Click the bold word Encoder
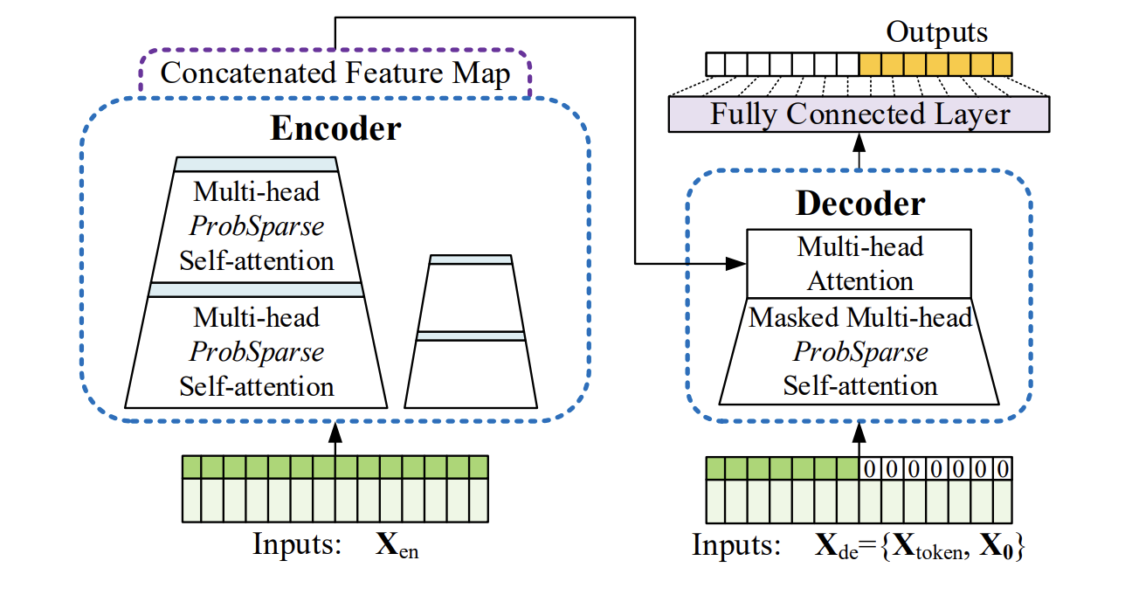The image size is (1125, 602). coord(335,128)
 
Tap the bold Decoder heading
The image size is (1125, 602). coord(859,204)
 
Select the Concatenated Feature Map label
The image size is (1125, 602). coord(335,73)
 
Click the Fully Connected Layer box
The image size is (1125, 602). coord(859,114)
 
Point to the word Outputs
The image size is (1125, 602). coord(936,33)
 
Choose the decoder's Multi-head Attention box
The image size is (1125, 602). coord(859,264)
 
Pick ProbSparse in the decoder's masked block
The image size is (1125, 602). coord(859,351)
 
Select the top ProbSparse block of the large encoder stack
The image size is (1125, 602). coord(257,225)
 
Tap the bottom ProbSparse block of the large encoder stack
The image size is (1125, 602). coord(257,351)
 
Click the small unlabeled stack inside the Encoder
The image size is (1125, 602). coord(471,332)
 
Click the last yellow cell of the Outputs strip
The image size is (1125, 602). coord(1002,64)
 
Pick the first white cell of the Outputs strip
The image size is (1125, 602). coord(716,64)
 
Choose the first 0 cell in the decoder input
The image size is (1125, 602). coord(871,469)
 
